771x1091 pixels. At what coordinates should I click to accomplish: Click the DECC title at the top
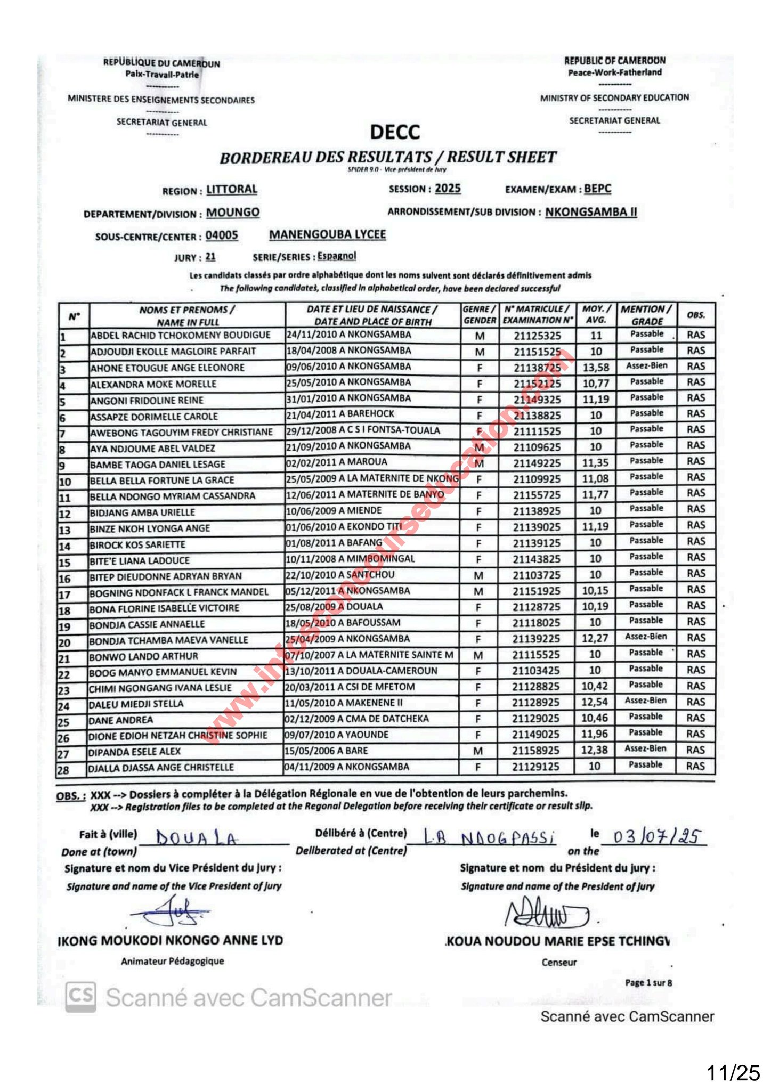pyautogui.click(x=395, y=132)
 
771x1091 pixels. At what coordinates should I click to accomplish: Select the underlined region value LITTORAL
pyautogui.click(x=232, y=190)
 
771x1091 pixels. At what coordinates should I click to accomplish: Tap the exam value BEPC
pyautogui.click(x=597, y=189)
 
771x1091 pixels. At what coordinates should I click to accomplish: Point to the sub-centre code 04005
pyautogui.click(x=222, y=235)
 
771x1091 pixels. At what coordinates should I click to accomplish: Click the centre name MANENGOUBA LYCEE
pyautogui.click(x=327, y=234)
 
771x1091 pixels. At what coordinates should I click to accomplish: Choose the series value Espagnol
pyautogui.click(x=337, y=256)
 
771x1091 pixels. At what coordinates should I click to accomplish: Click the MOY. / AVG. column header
pyautogui.click(x=596, y=314)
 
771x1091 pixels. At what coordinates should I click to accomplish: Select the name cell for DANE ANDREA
pyautogui.click(x=121, y=720)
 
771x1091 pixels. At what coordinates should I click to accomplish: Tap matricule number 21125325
pyautogui.click(x=537, y=336)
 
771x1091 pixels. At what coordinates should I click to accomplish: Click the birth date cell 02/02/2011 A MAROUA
pyautogui.click(x=337, y=462)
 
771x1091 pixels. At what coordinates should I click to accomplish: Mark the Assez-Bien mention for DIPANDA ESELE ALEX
pyautogui.click(x=645, y=748)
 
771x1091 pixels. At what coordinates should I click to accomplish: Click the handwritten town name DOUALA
pyautogui.click(x=197, y=839)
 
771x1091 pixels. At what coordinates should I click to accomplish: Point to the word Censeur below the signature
pyautogui.click(x=559, y=963)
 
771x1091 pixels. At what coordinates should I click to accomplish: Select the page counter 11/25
pyautogui.click(x=733, y=1072)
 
